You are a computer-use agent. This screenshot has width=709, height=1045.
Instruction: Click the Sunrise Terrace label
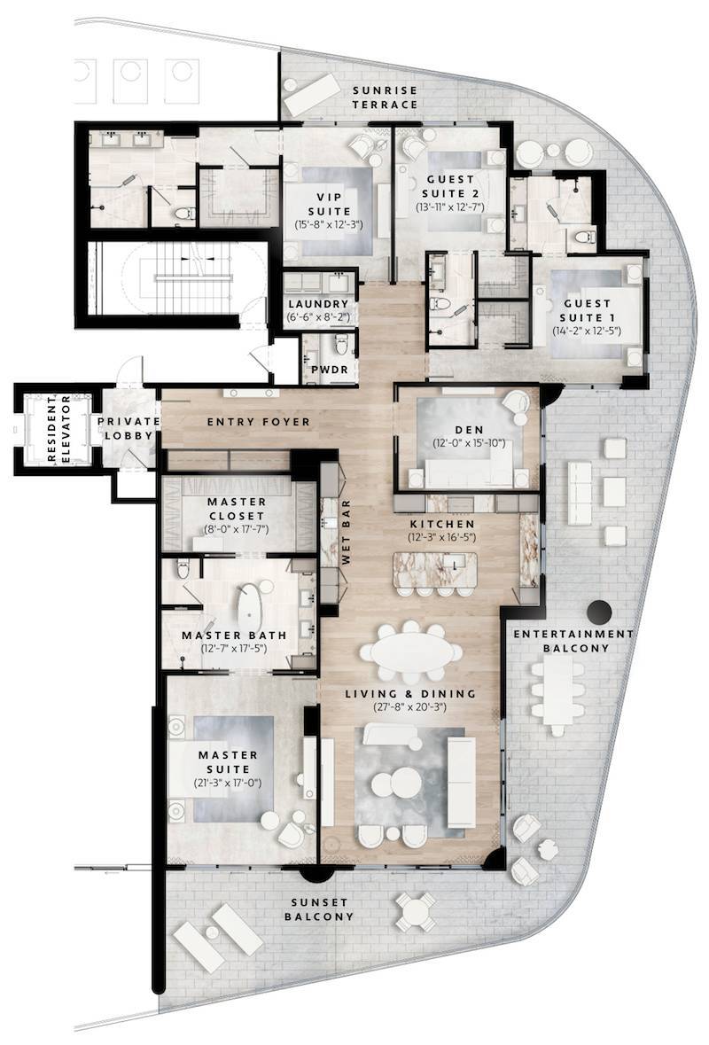click(x=384, y=97)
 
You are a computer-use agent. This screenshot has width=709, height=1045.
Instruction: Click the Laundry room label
click(x=318, y=303)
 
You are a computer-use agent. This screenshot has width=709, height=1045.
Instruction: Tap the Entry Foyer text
click(x=259, y=422)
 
